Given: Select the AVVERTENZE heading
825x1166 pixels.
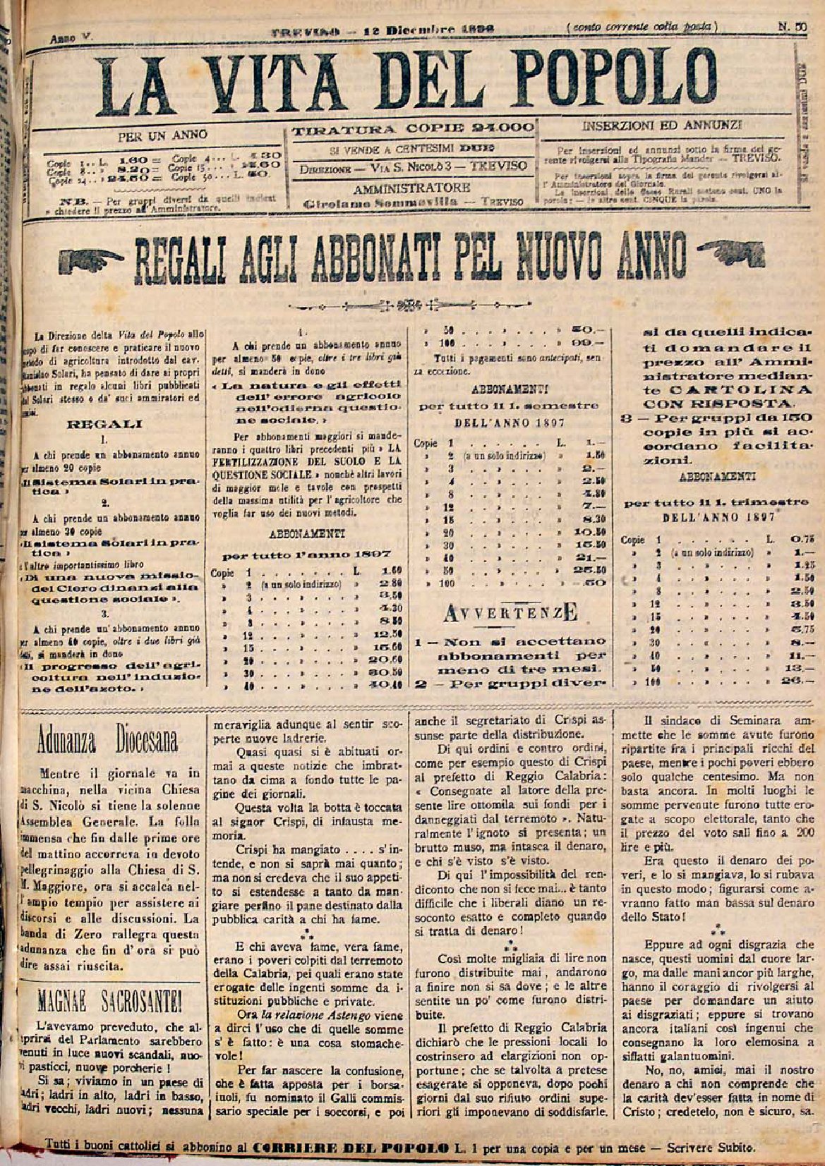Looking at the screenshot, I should tap(511, 614).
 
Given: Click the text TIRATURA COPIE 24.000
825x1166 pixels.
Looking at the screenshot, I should tap(413, 129).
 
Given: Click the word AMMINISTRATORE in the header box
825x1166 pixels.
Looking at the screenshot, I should tap(412, 188).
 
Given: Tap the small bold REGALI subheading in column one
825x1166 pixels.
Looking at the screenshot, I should tap(104, 425).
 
